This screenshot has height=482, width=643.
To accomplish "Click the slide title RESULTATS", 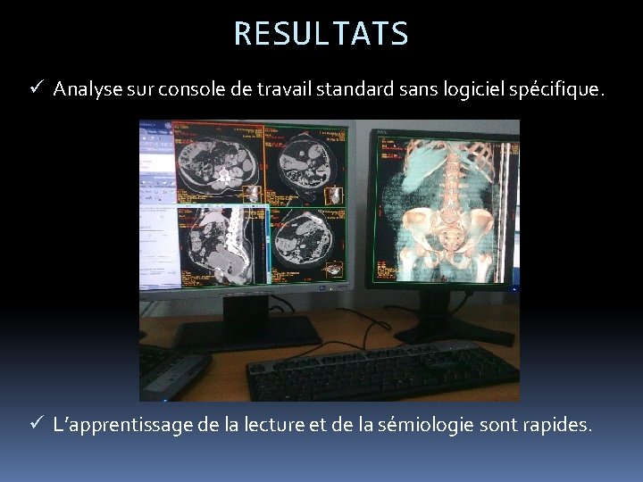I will [321, 33].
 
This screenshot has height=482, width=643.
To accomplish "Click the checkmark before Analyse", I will [36, 88].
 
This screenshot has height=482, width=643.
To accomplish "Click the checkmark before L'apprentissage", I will [36, 425].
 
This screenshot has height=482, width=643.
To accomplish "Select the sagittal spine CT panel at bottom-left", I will [223, 243].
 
